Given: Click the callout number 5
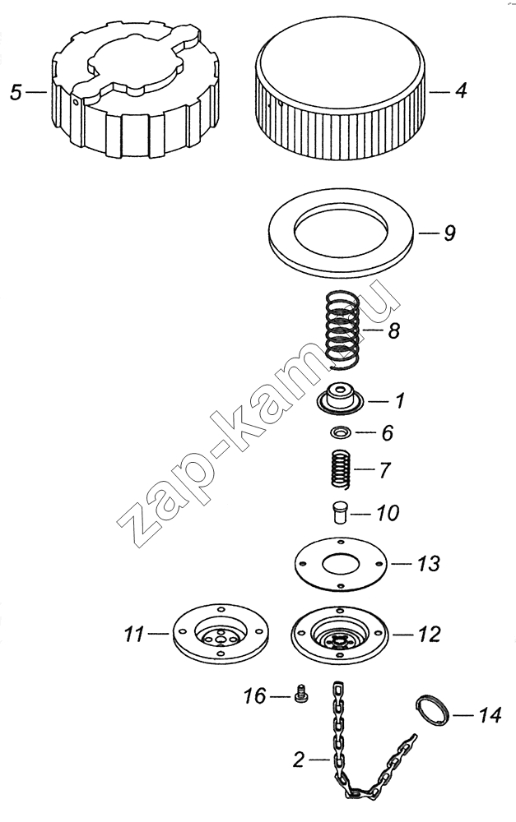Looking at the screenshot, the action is click(x=16, y=92).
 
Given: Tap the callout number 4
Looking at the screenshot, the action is click(x=461, y=90).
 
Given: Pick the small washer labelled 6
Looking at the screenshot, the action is click(x=341, y=432).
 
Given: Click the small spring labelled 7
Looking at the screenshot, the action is click(x=342, y=469).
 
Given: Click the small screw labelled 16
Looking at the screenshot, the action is click(x=301, y=695).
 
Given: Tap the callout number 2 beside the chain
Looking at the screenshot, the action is click(x=299, y=759).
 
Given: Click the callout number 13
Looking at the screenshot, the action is click(x=428, y=564).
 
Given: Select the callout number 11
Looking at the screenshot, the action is click(x=134, y=635).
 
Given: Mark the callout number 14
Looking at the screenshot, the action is click(x=489, y=715).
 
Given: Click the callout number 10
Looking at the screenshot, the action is click(x=388, y=513).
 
